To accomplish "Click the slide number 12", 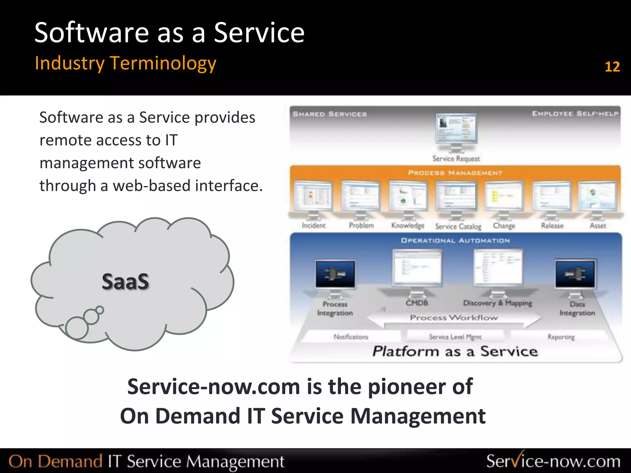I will [612, 67].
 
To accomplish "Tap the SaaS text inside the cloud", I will [125, 281].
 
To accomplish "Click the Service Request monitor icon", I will [456, 129].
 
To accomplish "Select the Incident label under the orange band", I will [313, 226].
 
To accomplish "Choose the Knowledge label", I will [408, 226].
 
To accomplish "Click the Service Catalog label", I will [458, 227].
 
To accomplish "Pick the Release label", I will [552, 226].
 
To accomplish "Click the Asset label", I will [598, 226].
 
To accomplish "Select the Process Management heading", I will [455, 173].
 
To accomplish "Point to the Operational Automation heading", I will [455, 240].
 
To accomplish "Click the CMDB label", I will [417, 303].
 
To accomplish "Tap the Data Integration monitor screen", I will [575, 274].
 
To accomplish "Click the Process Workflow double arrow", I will [454, 318].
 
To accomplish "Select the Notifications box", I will [351, 337].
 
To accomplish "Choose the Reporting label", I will [561, 337].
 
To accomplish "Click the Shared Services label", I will [329, 114].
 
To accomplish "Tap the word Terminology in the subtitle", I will [163, 63].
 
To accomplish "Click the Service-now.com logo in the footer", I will [553, 461].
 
